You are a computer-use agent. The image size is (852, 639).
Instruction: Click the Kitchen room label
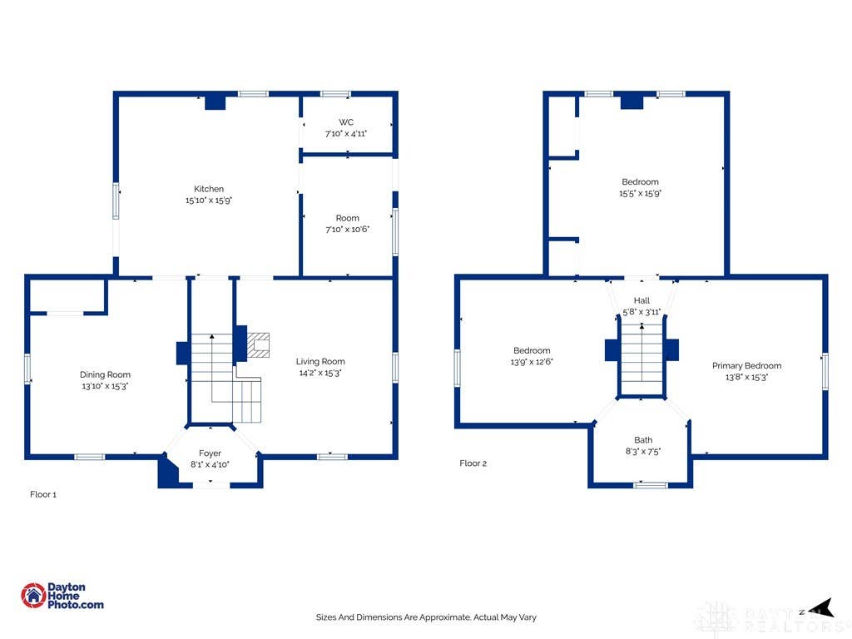point(209,189)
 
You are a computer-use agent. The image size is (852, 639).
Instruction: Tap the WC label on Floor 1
point(346,122)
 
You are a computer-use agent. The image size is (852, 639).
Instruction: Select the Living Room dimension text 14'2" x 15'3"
point(320,373)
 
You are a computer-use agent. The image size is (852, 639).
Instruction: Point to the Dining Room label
point(105,374)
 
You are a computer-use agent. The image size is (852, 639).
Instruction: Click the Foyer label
point(210,453)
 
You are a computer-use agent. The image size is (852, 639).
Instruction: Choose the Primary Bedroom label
point(746,366)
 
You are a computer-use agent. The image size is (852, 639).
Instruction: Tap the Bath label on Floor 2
point(643,440)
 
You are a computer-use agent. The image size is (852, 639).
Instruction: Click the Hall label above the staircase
point(641,300)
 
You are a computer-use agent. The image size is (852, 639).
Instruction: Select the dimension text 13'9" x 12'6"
point(532,362)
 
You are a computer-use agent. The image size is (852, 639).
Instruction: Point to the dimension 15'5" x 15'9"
point(640,193)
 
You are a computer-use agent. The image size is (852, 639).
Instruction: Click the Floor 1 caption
point(43,494)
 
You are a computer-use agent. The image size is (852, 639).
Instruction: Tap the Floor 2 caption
point(473,463)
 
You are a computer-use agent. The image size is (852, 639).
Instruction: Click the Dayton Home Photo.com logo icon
point(33,596)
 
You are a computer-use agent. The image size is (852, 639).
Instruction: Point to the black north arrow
point(824,607)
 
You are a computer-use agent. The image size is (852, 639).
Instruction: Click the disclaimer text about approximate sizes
point(426,617)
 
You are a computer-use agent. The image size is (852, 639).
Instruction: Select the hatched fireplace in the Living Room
point(258,345)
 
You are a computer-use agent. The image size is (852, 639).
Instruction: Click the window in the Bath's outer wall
point(651,485)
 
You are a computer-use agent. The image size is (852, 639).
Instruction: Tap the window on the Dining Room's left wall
point(27,369)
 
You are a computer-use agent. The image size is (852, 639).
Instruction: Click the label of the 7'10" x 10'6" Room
point(347,218)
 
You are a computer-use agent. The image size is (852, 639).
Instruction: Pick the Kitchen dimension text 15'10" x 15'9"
point(209,200)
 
